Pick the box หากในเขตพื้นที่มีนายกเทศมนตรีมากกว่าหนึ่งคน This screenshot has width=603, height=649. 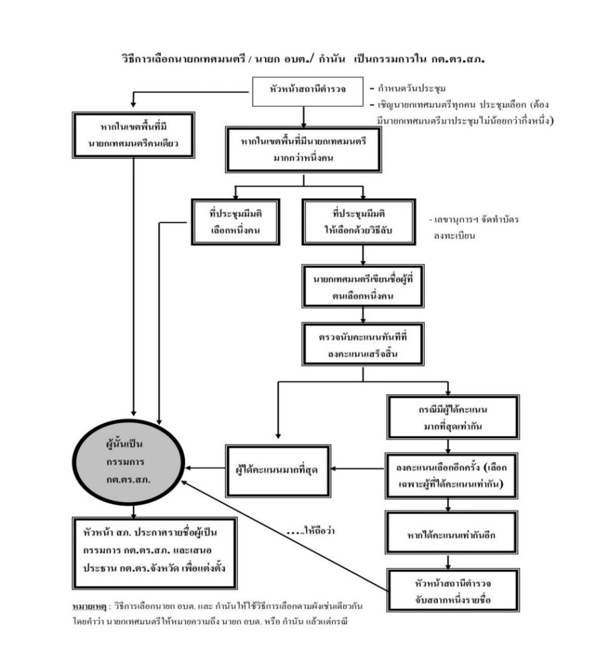pos(304,149)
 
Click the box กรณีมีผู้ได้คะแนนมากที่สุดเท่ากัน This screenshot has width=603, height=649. pos(448,417)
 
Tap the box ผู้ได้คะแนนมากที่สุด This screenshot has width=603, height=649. pos(278,470)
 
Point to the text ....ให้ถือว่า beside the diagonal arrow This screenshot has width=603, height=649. pos(310,530)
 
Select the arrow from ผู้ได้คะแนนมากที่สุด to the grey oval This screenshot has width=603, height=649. pos(205,470)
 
